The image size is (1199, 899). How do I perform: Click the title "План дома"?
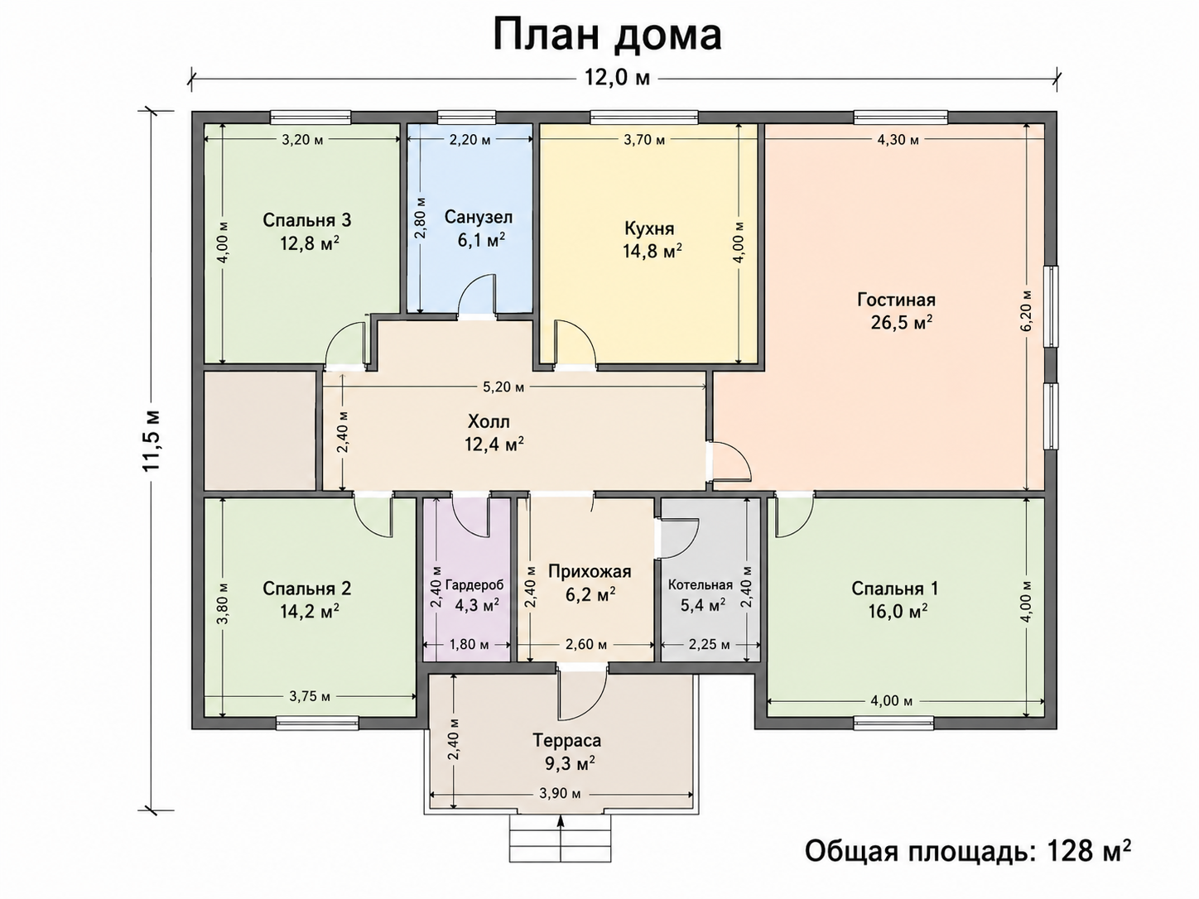click(608, 35)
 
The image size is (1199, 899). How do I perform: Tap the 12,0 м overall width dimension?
click(618, 79)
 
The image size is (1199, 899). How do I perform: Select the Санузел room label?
click(479, 217)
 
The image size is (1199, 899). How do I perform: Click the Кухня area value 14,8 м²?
click(652, 251)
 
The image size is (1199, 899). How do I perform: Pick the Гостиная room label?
click(897, 300)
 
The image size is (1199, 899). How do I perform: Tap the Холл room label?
click(489, 421)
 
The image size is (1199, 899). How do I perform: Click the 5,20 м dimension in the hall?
click(503, 387)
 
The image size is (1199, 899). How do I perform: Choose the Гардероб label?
click(474, 585)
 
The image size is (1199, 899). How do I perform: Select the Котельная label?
click(701, 585)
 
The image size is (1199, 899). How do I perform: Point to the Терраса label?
click(567, 741)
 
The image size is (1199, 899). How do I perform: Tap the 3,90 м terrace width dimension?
click(560, 794)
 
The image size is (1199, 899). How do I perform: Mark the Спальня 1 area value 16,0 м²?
click(898, 612)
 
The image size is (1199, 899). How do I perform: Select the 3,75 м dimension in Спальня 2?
click(310, 697)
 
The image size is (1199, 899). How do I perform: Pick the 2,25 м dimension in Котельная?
click(709, 645)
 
